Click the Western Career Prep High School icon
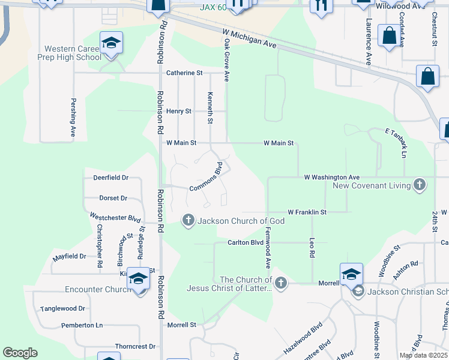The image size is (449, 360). point(111,43)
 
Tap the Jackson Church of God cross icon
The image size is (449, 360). point(188,221)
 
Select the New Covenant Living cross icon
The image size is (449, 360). point(420,185)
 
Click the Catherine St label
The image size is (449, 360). point(184,73)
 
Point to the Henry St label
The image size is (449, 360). point(178,111)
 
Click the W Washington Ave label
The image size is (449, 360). point(331,177)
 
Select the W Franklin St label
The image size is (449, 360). point(307,212)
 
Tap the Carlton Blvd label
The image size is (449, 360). point(245,242)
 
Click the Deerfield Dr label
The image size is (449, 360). point(110,178)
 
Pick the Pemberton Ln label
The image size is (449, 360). point(82,325)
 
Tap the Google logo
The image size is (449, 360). point(20,353)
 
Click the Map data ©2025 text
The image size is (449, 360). point(423,355)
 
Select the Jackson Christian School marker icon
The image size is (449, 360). point(358,292)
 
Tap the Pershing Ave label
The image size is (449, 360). point(73,118)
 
